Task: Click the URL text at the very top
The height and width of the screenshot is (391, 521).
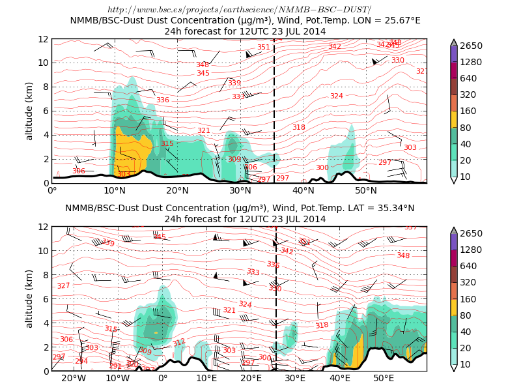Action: (x=239, y=9)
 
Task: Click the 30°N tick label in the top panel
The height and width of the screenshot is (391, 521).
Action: (x=240, y=190)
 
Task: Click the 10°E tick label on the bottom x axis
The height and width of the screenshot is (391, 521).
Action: (x=206, y=378)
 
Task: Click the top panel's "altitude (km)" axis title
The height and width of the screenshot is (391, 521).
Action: (x=29, y=111)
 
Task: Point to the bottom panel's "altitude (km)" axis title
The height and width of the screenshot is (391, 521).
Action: (x=29, y=298)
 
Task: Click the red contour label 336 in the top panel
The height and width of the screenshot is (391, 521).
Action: (x=163, y=100)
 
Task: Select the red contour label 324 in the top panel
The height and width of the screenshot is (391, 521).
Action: (x=336, y=96)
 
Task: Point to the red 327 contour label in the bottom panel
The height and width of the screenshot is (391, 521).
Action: (x=63, y=286)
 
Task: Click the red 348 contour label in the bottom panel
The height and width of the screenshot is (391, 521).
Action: (x=403, y=255)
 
